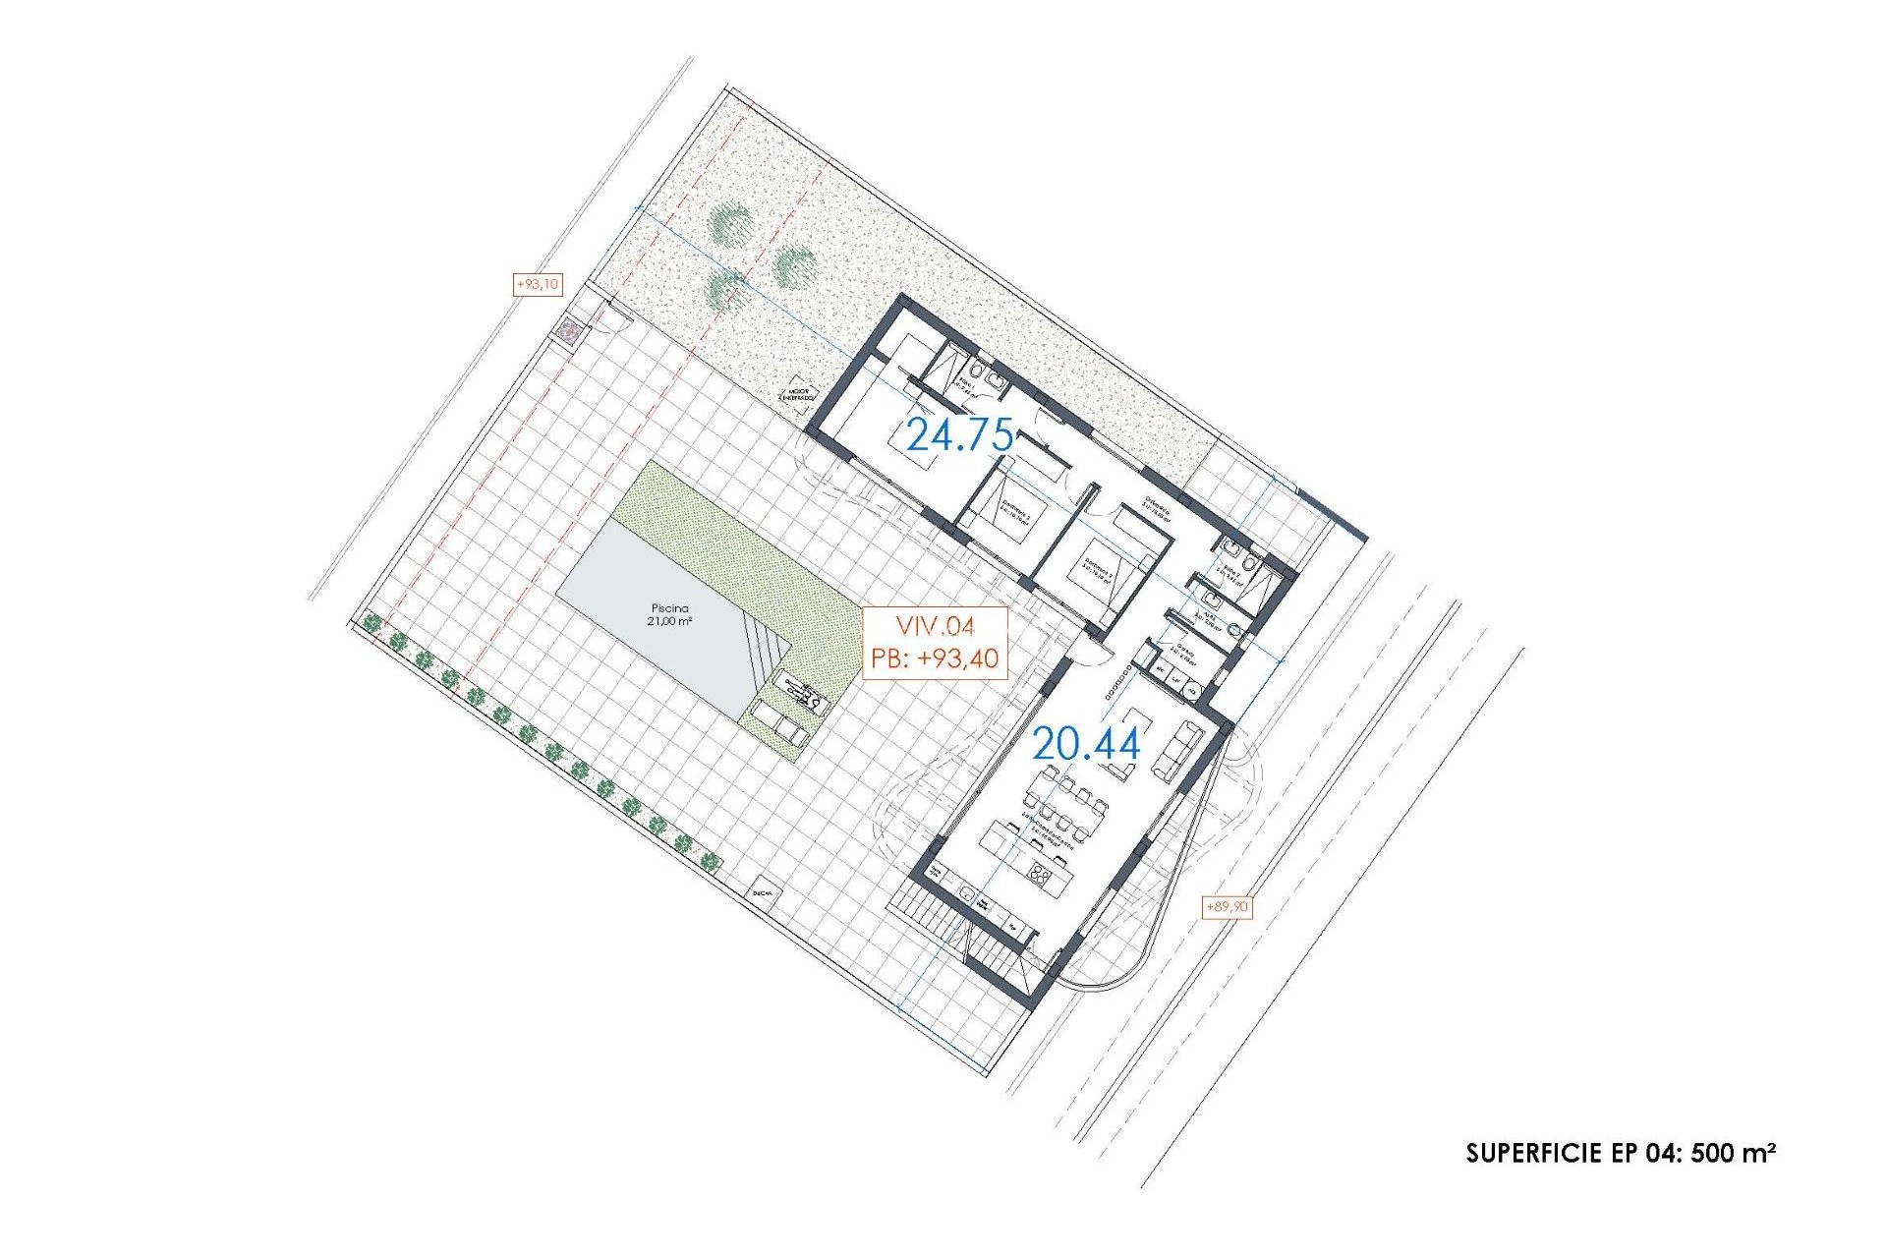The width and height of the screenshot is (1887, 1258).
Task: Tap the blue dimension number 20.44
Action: tap(1086, 744)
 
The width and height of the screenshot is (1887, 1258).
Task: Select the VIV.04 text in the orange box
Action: tap(935, 627)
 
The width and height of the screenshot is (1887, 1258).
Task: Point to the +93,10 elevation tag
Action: tap(538, 284)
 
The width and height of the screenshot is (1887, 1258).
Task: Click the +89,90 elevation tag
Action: tap(1227, 906)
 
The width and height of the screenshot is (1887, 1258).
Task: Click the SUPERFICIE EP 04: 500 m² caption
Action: tap(1621, 1152)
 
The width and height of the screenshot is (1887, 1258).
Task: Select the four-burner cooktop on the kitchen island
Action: tap(1042, 873)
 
